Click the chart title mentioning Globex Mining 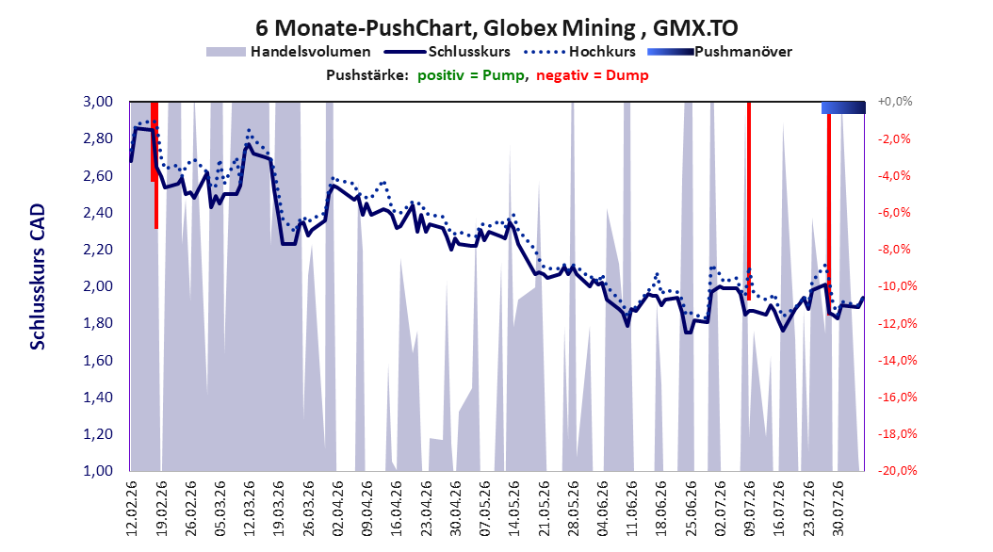pyautogui.click(x=496, y=28)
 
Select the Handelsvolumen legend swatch pyautogui.click(x=225, y=52)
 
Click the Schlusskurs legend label pyautogui.click(x=469, y=52)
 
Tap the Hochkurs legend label pyautogui.click(x=602, y=52)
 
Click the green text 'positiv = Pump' pyautogui.click(x=470, y=75)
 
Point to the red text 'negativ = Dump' pyautogui.click(x=593, y=75)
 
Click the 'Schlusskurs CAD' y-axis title pyautogui.click(x=38, y=277)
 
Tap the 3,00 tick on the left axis pyautogui.click(x=98, y=102)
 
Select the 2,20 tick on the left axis pyautogui.click(x=98, y=250)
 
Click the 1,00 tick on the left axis pyautogui.click(x=98, y=470)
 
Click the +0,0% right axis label pyautogui.click(x=895, y=102)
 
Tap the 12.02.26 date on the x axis pyautogui.click(x=132, y=509)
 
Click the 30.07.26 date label pyautogui.click(x=838, y=509)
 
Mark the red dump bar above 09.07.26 pyautogui.click(x=749, y=201)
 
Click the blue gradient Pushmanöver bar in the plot pyautogui.click(x=843, y=107)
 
